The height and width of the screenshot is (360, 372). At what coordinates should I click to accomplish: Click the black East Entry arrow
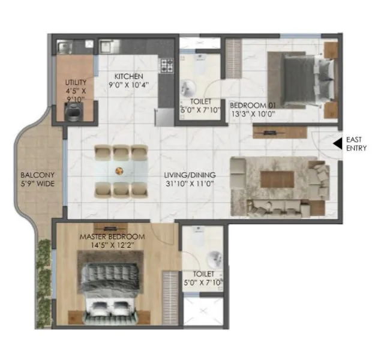[x=338, y=144]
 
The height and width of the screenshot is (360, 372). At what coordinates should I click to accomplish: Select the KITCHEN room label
[x=129, y=76]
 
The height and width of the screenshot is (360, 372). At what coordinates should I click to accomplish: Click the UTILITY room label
[x=76, y=82]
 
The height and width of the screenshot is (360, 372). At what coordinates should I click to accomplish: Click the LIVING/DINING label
[x=190, y=175]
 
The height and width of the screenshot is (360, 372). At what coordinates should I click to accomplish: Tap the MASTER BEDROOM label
[x=112, y=237]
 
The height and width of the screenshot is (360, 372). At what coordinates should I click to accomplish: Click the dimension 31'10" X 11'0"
[x=190, y=184]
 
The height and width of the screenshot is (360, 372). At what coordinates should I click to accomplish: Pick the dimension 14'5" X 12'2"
[x=112, y=245]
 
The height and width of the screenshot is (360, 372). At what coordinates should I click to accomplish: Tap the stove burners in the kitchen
[x=166, y=65]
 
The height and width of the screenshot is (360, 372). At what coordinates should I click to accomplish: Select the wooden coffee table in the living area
[x=276, y=179]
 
